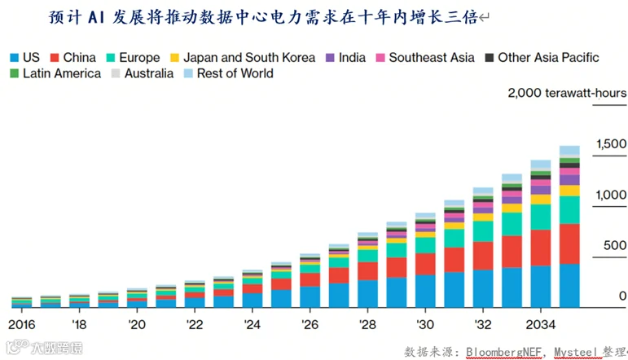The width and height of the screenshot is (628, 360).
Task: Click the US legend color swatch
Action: coord(15,58)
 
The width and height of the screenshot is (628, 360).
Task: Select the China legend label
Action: coord(79,58)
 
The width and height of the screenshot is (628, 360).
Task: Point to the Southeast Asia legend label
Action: coord(432,58)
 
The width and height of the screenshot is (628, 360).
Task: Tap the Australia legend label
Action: coord(149,73)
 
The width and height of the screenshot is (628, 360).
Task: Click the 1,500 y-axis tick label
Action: coord(611,144)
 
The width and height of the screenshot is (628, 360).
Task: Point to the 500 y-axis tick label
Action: coord(615,245)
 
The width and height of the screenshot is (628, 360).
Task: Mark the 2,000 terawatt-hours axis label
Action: coord(567,93)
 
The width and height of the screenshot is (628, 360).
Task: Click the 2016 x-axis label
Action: coord(22,324)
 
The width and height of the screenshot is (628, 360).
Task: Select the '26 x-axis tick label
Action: coord(310,324)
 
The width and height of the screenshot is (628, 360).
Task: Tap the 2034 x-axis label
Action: coord(541,324)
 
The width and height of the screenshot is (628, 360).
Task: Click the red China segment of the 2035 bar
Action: coord(569,244)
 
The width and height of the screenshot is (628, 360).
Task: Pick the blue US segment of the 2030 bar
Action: coord(425,291)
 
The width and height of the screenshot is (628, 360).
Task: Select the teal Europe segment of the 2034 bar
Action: coord(541,217)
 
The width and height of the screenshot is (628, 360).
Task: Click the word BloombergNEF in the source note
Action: coord(504,352)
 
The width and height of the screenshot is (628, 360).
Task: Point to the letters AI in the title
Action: coord(97,18)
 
